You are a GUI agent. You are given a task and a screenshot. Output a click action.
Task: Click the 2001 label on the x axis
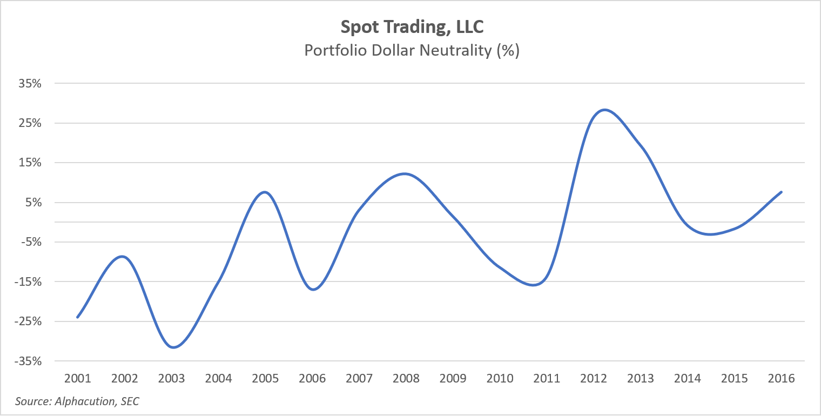78,378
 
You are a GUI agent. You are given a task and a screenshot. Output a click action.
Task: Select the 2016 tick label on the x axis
781,378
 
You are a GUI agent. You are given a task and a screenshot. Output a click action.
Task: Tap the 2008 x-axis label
406,378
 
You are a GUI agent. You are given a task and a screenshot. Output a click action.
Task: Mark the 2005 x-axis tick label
265,378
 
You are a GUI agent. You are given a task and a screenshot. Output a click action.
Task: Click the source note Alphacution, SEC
77,401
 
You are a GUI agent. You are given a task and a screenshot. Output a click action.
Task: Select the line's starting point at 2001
78,317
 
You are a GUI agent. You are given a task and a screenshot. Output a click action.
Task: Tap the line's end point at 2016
781,192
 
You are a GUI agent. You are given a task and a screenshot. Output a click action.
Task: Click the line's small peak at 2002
124,256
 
